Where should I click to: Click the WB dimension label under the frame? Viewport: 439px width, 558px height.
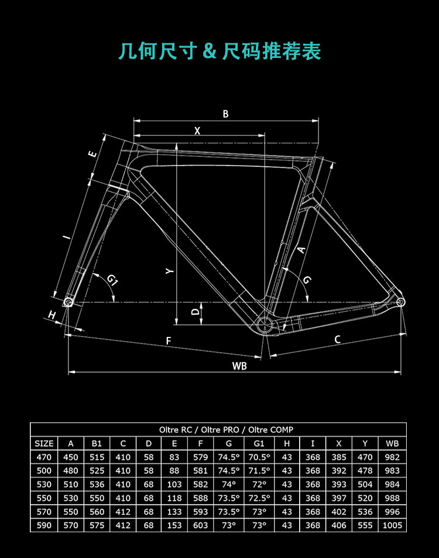(239, 366)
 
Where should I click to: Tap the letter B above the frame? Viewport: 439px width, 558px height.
(225, 114)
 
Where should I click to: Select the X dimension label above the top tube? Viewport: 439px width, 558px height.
(197, 131)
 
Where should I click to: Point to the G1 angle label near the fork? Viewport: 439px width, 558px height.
(113, 281)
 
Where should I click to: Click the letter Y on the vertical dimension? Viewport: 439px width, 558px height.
(169, 271)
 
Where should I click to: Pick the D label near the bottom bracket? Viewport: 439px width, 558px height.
(196, 312)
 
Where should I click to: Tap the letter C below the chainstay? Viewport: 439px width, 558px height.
(337, 339)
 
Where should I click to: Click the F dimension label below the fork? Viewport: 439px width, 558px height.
(169, 340)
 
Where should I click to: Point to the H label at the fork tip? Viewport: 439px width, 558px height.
(52, 315)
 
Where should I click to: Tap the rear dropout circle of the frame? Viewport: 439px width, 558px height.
(400, 301)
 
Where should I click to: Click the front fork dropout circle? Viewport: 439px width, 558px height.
(68, 302)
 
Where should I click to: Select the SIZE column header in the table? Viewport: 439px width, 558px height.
(44, 443)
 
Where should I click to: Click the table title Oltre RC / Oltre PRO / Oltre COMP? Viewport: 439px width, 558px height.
(218, 429)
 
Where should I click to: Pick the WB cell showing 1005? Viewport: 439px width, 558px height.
(392, 525)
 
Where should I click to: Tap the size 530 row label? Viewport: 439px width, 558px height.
(44, 484)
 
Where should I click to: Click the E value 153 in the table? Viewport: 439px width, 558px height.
(174, 525)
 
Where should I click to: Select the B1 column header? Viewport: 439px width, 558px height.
(97, 443)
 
